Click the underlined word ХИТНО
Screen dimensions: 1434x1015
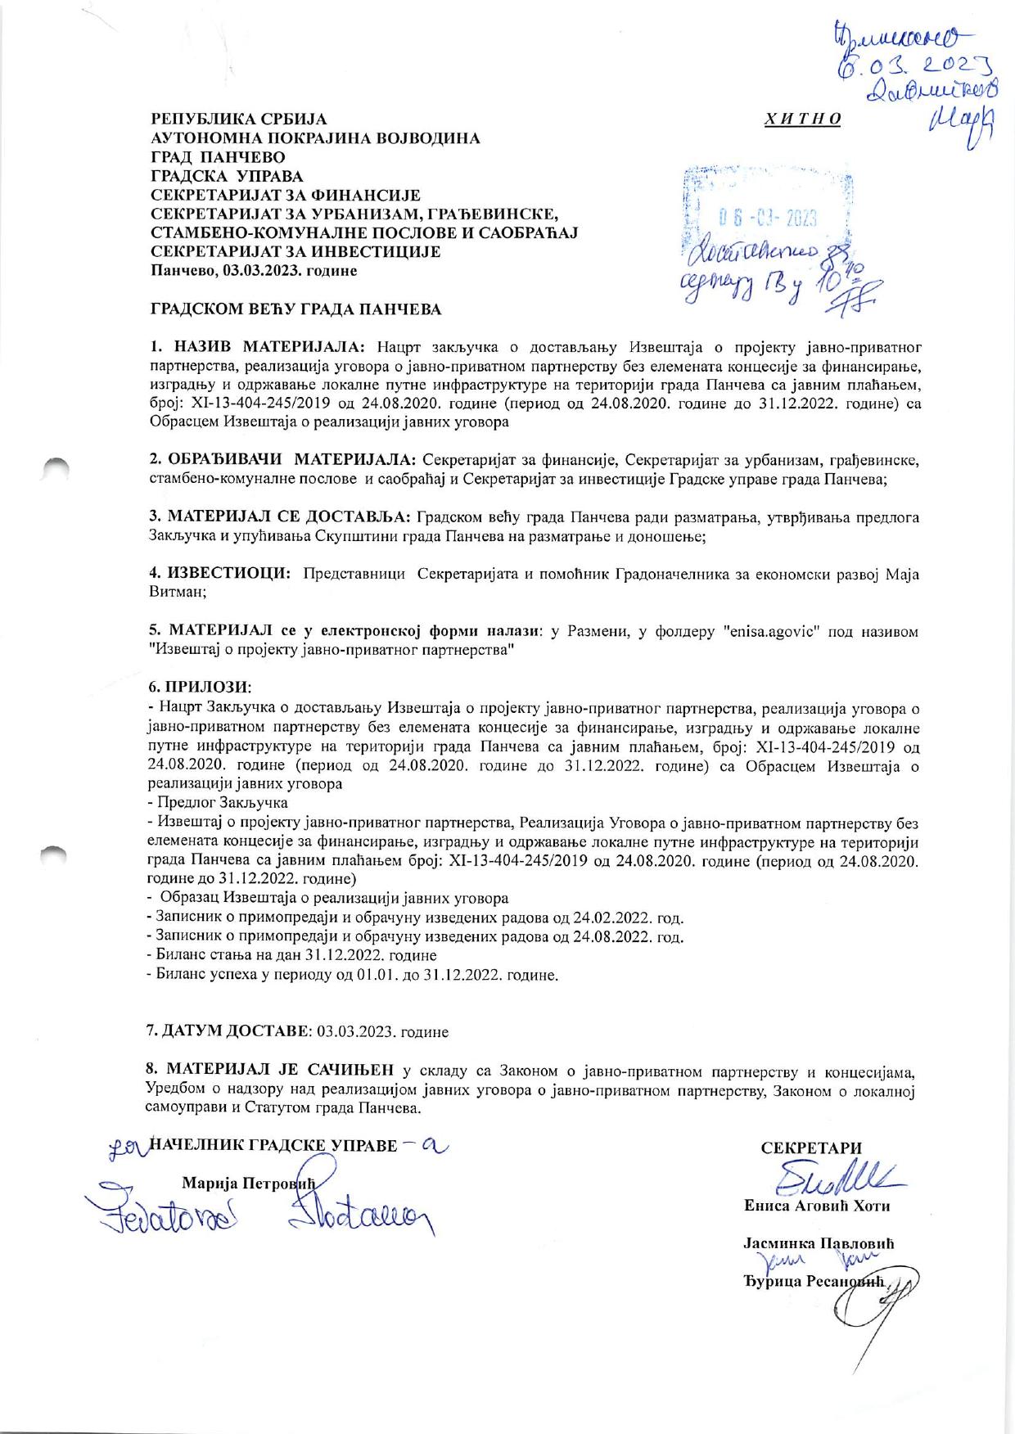click(x=801, y=120)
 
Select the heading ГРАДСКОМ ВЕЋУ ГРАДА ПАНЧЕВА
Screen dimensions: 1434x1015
click(x=296, y=309)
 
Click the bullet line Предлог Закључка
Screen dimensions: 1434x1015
click(x=217, y=802)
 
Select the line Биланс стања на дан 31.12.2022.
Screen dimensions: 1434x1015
click(x=291, y=955)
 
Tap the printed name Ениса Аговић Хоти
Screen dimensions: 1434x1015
click(x=816, y=1206)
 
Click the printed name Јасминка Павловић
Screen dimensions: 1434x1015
click(x=818, y=1242)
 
